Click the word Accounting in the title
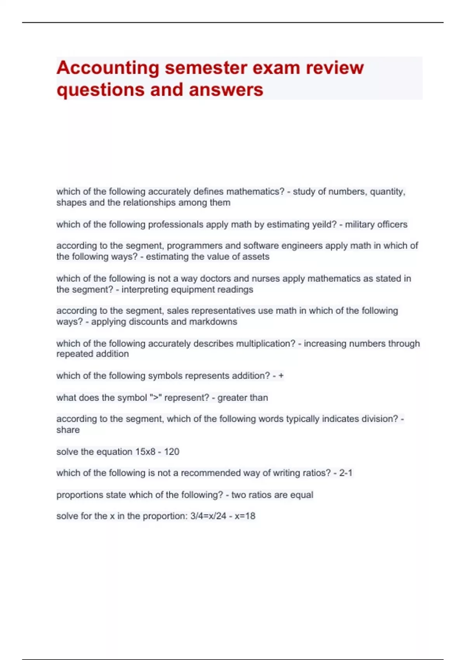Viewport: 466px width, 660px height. (108, 68)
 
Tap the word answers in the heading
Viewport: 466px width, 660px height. (226, 90)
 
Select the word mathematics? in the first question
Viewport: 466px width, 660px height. (255, 191)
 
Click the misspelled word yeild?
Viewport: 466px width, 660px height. (322, 224)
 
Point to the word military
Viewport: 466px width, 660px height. (360, 224)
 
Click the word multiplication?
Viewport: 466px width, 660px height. (266, 344)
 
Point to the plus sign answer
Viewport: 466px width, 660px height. (281, 376)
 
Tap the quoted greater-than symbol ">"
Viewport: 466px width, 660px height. (156, 398)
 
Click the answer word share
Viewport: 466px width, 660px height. (68, 430)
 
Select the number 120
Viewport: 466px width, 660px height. (172, 452)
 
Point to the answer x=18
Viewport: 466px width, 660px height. (245, 516)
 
